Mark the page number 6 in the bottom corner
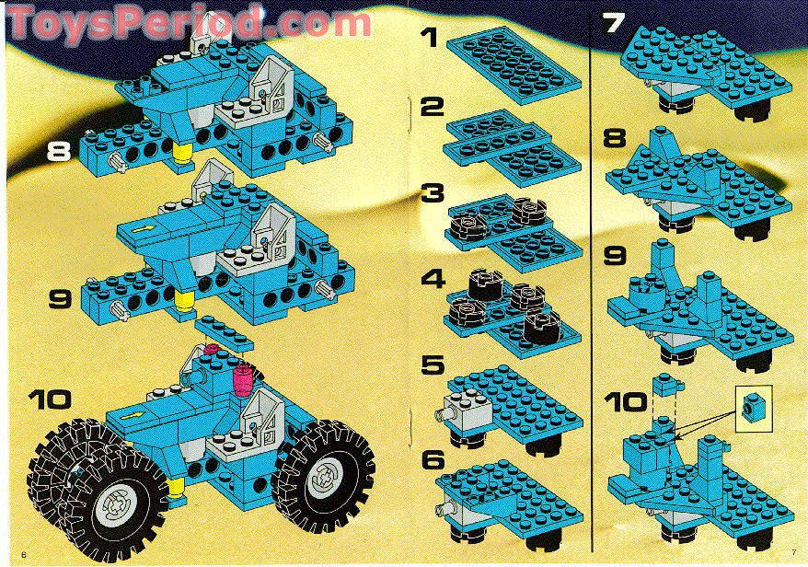click(10, 552)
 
